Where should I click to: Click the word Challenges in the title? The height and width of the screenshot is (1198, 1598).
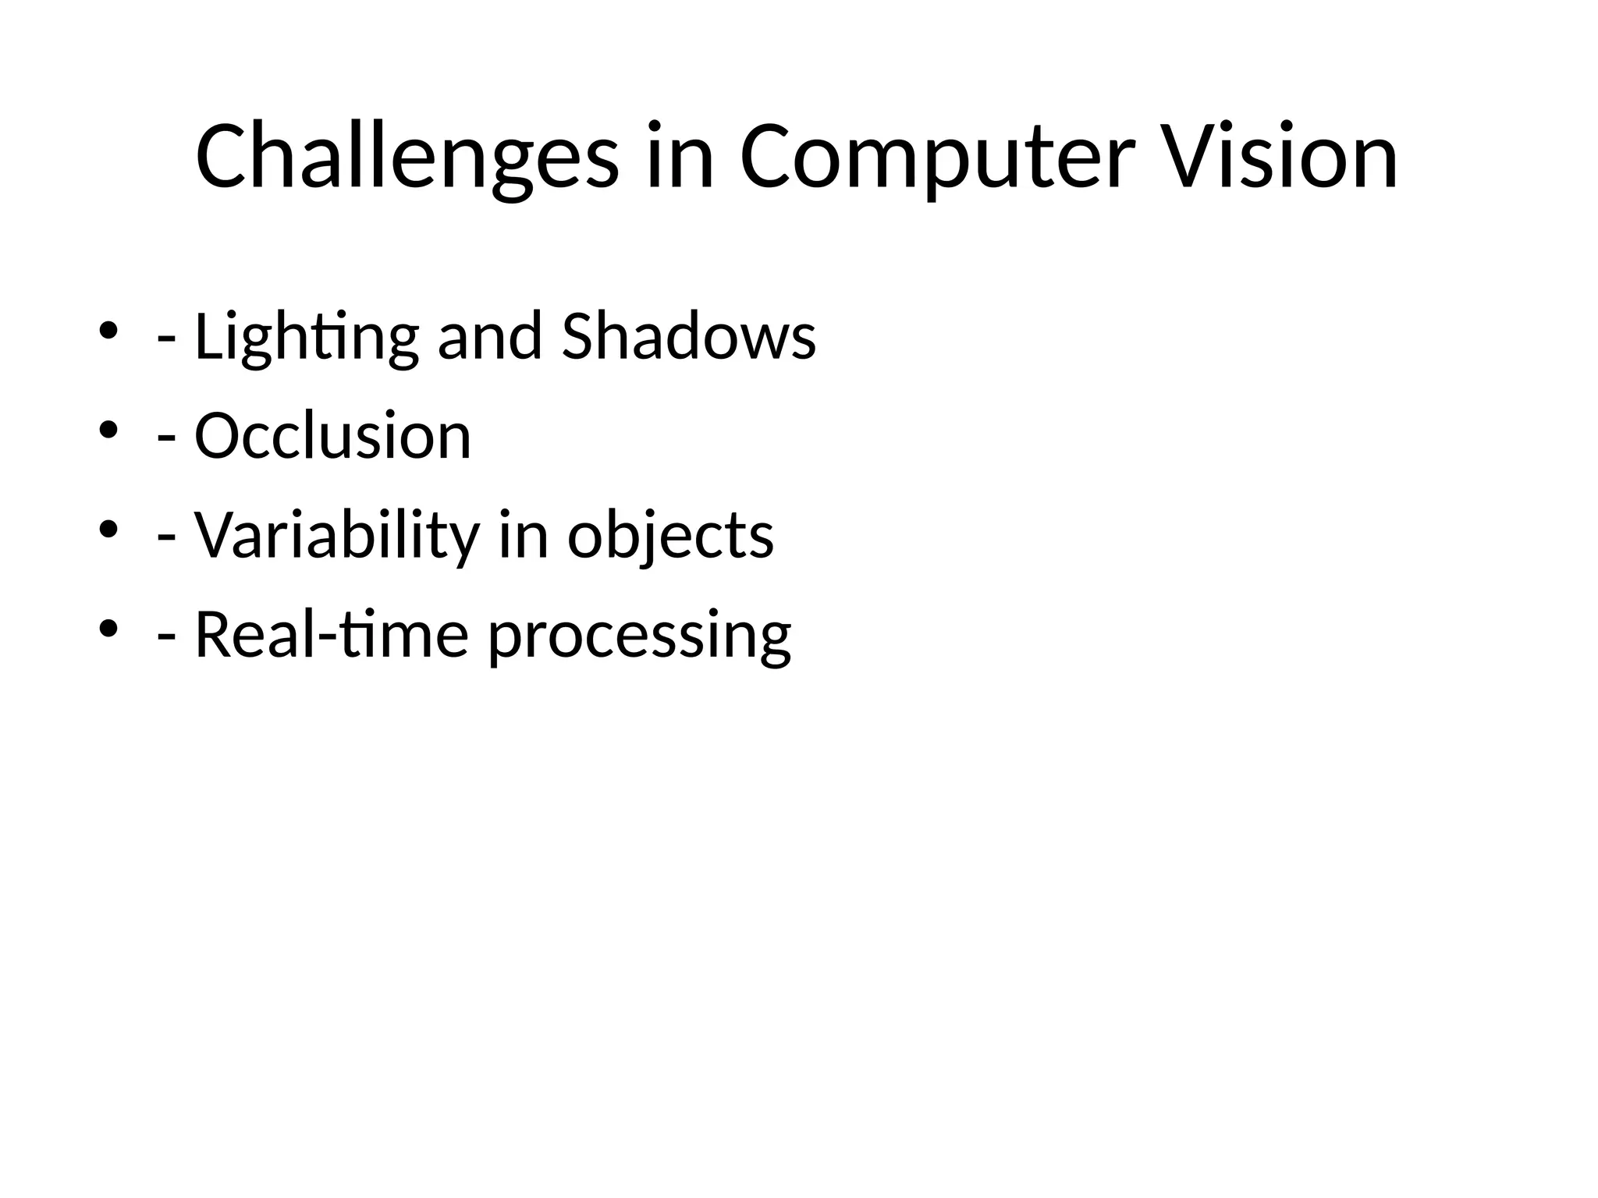407,158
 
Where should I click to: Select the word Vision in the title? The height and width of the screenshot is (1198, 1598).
1280,158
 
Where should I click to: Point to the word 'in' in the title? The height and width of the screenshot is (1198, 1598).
680,158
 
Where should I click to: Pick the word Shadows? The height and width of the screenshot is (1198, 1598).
688,337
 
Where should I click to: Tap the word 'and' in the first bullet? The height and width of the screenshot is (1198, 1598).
490,337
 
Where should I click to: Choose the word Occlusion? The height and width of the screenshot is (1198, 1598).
332,436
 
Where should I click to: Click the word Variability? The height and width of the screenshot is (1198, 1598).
336,536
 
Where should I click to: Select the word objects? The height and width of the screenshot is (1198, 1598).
670,536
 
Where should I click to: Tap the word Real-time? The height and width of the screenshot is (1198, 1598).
331,635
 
